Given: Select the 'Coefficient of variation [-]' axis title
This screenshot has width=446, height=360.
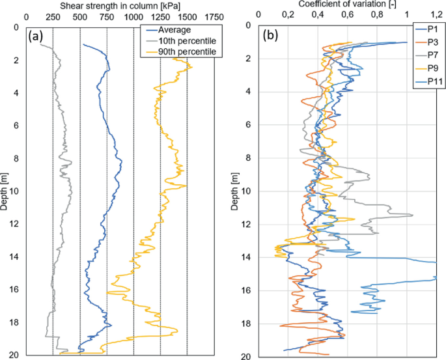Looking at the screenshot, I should pyautogui.click(x=348, y=5).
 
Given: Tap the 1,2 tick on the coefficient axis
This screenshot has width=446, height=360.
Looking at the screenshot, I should pyautogui.click(x=436, y=14).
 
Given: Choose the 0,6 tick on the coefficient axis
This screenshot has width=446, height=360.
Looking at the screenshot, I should pyautogui.click(x=347, y=14).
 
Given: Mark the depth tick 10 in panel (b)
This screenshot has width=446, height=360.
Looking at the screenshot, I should pyautogui.click(x=247, y=191).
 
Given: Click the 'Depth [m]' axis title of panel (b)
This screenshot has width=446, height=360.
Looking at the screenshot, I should pyautogui.click(x=235, y=191).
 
